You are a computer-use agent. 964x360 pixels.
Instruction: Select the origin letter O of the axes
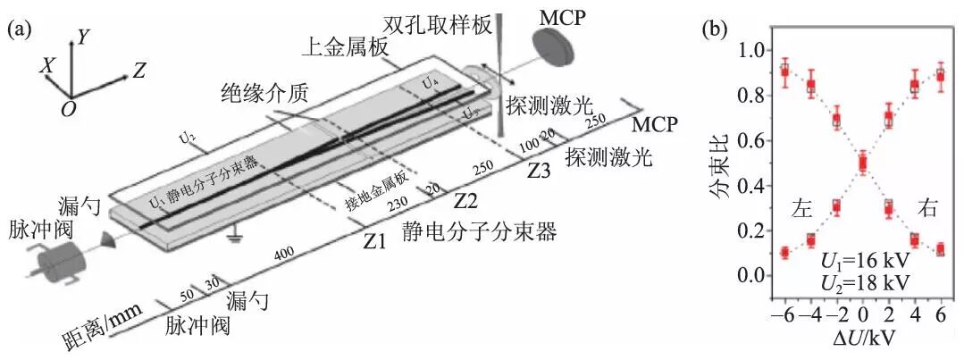tap(69, 107)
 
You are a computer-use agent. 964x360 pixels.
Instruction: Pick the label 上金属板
tap(342, 49)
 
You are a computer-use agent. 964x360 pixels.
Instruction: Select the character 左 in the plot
tap(801, 209)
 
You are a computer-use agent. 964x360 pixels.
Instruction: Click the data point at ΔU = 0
tap(862, 163)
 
